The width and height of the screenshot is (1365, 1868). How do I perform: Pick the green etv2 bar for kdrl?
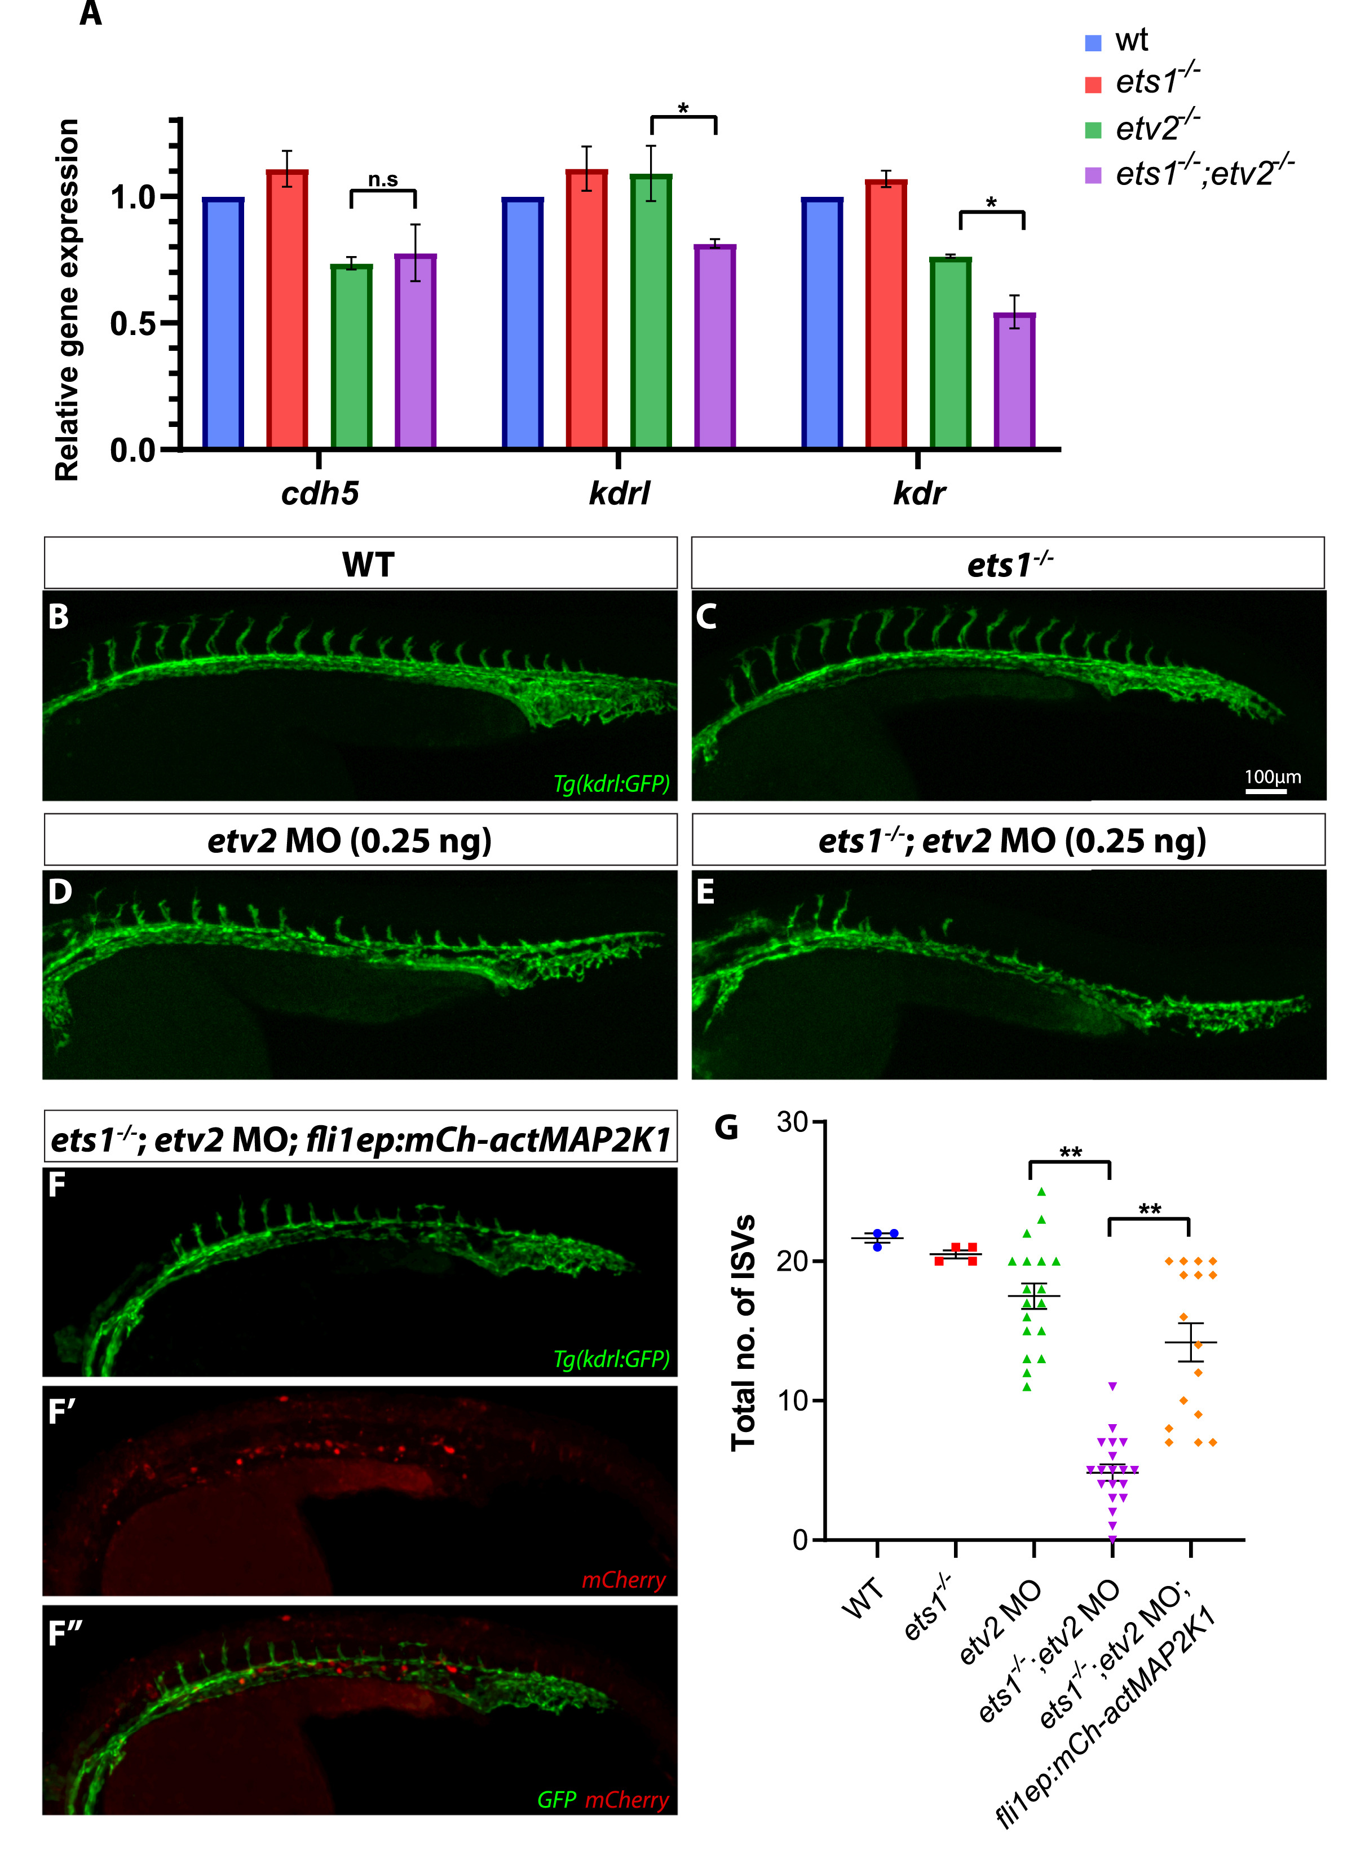click(x=651, y=311)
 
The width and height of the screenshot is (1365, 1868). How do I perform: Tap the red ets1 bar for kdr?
click(x=886, y=314)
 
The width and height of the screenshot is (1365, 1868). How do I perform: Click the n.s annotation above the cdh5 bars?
click(x=383, y=180)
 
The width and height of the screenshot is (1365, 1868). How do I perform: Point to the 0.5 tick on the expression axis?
click(x=132, y=323)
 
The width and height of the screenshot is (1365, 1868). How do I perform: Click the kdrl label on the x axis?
click(x=619, y=494)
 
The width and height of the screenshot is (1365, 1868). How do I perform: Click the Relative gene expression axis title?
click(x=68, y=299)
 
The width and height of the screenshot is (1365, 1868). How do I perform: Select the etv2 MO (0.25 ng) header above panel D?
click(x=350, y=840)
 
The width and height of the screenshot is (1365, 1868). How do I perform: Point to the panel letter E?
click(x=706, y=893)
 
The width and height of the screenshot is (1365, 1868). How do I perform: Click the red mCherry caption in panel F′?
click(x=623, y=1580)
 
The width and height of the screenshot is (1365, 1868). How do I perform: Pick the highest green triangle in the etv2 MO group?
click(x=1042, y=1191)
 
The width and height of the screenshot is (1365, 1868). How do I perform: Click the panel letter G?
click(x=726, y=1127)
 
